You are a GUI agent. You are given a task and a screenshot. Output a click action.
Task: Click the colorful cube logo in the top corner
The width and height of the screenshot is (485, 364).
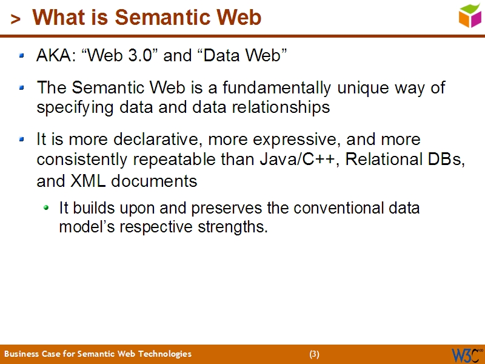coord(470,15)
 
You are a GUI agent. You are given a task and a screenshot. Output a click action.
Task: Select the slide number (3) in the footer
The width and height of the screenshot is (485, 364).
coord(314,354)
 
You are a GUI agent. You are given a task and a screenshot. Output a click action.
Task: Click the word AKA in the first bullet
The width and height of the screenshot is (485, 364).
coord(54,56)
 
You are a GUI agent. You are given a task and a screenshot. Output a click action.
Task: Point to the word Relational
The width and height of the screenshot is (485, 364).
coord(382,160)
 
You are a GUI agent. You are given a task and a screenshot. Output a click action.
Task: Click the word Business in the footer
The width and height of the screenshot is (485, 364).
coord(21,354)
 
